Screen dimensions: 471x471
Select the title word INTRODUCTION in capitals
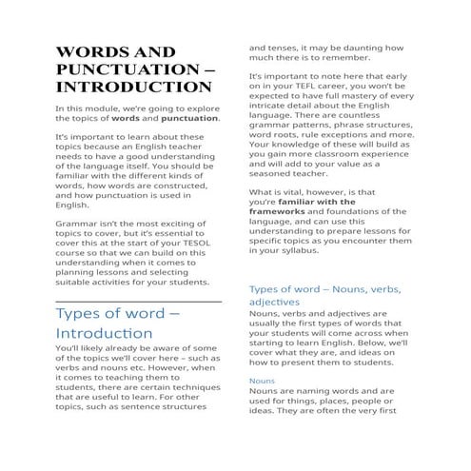132,88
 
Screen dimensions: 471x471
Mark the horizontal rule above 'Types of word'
138,301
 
